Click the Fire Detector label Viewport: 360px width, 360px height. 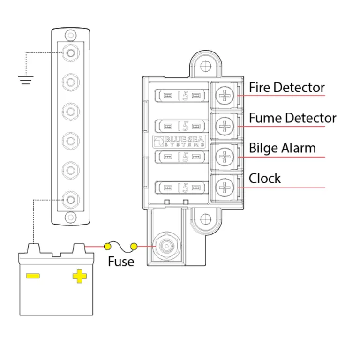tap(286, 88)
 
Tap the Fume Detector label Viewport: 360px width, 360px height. tap(292, 118)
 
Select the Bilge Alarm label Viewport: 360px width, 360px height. tap(282, 149)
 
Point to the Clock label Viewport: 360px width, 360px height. tap(265, 179)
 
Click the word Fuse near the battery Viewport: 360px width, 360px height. tap(121, 262)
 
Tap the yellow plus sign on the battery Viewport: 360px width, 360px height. tap(80, 276)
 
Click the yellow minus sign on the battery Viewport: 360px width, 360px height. tap(33, 276)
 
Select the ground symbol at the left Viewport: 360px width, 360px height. tap(26, 79)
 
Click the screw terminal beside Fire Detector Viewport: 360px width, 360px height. tap(226, 96)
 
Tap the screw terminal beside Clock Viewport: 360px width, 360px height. tap(226, 187)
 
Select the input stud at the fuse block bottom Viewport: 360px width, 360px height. tap(165, 246)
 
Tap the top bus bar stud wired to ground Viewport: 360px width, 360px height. tap(70, 52)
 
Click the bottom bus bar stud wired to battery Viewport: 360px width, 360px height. tap(70, 199)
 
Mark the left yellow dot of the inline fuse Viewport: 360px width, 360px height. tap(107, 246)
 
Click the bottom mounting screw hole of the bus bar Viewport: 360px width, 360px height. tap(70, 217)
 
